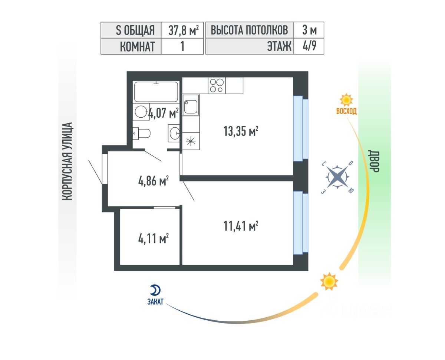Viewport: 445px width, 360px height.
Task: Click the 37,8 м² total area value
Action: [x=182, y=30]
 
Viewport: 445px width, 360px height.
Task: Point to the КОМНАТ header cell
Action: [x=131, y=47]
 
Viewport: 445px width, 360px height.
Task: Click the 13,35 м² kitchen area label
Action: [x=241, y=132]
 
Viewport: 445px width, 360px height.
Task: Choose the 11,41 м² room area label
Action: [x=241, y=226]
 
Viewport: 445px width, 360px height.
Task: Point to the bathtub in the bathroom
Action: [x=156, y=92]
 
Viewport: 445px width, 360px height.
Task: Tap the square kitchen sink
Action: [x=191, y=105]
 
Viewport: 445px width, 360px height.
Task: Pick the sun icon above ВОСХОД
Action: [x=346, y=100]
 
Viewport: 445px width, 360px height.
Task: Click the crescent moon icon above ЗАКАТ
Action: [x=155, y=290]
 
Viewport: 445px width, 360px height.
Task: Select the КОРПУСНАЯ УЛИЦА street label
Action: [x=67, y=162]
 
